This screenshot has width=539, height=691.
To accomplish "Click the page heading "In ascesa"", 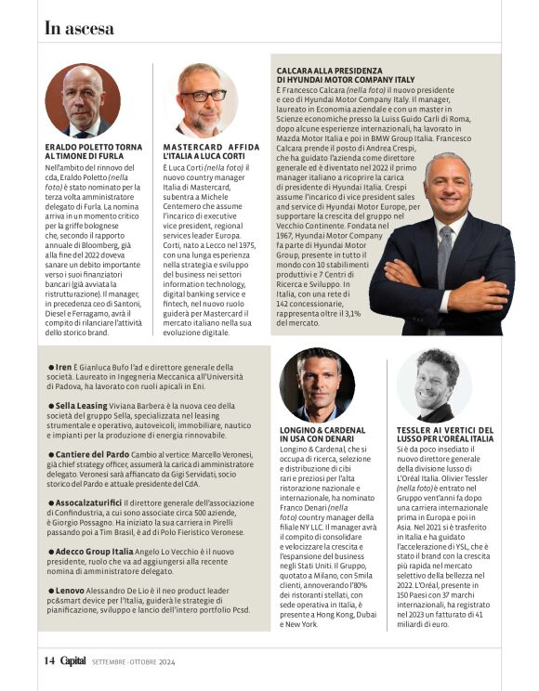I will (x=79, y=28).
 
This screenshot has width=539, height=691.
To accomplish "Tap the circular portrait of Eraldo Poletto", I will (x=83, y=101).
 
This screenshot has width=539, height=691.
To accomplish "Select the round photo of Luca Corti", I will (x=202, y=101).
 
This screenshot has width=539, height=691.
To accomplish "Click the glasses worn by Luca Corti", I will (x=203, y=95).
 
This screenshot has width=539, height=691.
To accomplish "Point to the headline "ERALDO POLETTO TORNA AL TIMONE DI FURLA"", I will (x=94, y=152).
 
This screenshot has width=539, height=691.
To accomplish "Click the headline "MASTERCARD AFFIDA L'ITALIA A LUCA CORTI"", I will (x=213, y=152).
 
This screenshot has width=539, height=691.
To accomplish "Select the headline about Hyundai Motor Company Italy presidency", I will (x=346, y=75).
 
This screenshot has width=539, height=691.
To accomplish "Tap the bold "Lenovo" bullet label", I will (x=70, y=589).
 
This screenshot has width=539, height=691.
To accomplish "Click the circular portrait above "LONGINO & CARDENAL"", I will (x=317, y=385).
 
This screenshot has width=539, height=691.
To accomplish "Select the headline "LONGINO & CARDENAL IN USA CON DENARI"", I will (x=322, y=435).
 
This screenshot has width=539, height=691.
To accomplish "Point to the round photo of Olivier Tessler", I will (x=435, y=385).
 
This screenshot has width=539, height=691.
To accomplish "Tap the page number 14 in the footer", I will (x=49, y=660).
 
